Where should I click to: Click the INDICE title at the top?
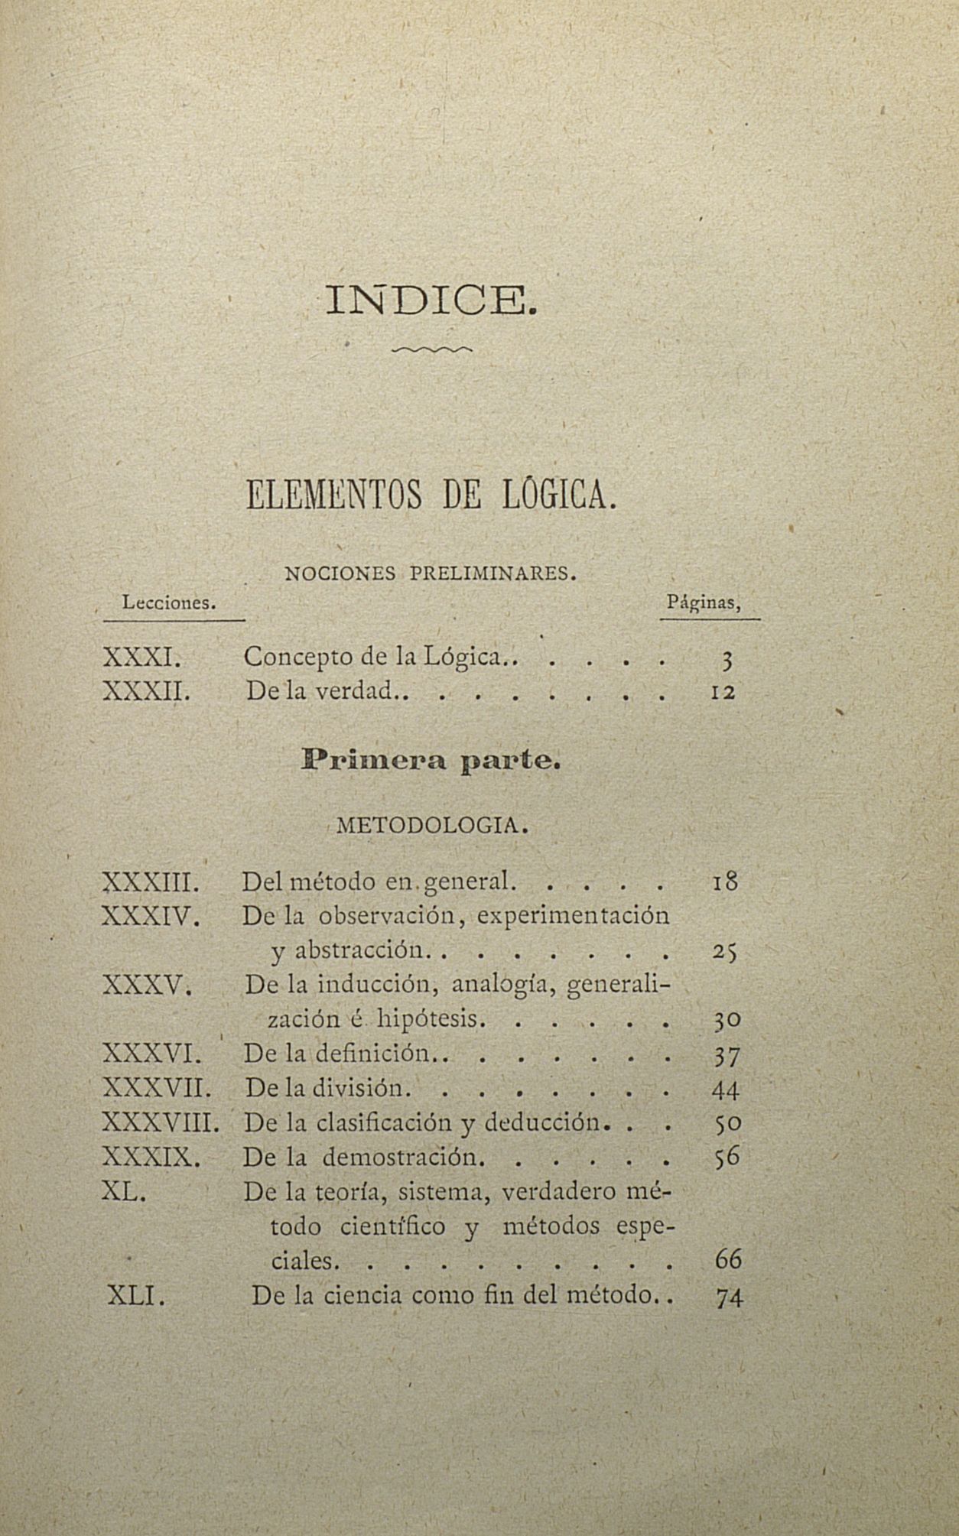431,300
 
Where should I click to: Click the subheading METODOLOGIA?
433,826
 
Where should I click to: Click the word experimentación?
573,915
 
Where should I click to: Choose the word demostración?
403,1157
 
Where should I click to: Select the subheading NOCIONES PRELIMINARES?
430,573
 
